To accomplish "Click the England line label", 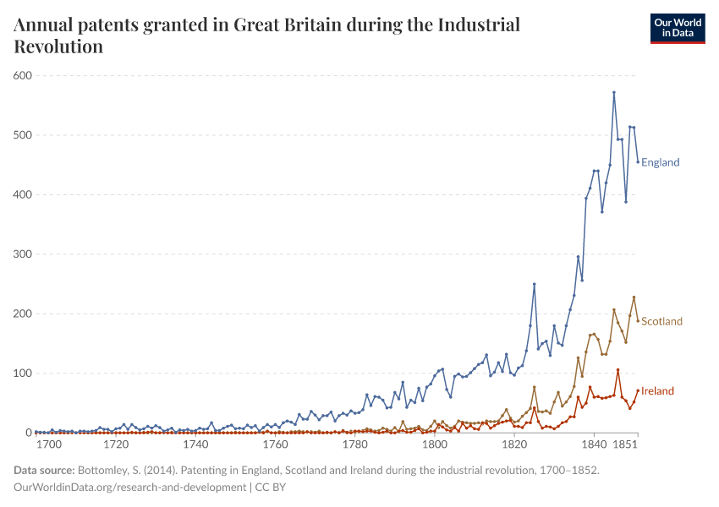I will coord(660,162).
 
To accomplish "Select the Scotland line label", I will coord(661,321).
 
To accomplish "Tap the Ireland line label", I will coord(657,390).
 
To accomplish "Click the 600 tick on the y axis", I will coord(22,76).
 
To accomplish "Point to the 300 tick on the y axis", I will coord(22,254).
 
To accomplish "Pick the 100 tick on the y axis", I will coord(22,373).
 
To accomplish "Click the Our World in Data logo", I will coord(677,28).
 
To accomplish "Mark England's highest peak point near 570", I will coord(614,92).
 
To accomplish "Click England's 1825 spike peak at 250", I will coord(534,285).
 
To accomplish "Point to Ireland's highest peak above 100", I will coord(617,369).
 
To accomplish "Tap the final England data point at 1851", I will coord(638,162).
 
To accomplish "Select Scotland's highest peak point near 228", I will coord(634,297).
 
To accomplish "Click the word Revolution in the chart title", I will coord(58,46).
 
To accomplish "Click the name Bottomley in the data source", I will coord(104,471).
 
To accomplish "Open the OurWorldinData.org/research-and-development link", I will coord(129,488).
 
